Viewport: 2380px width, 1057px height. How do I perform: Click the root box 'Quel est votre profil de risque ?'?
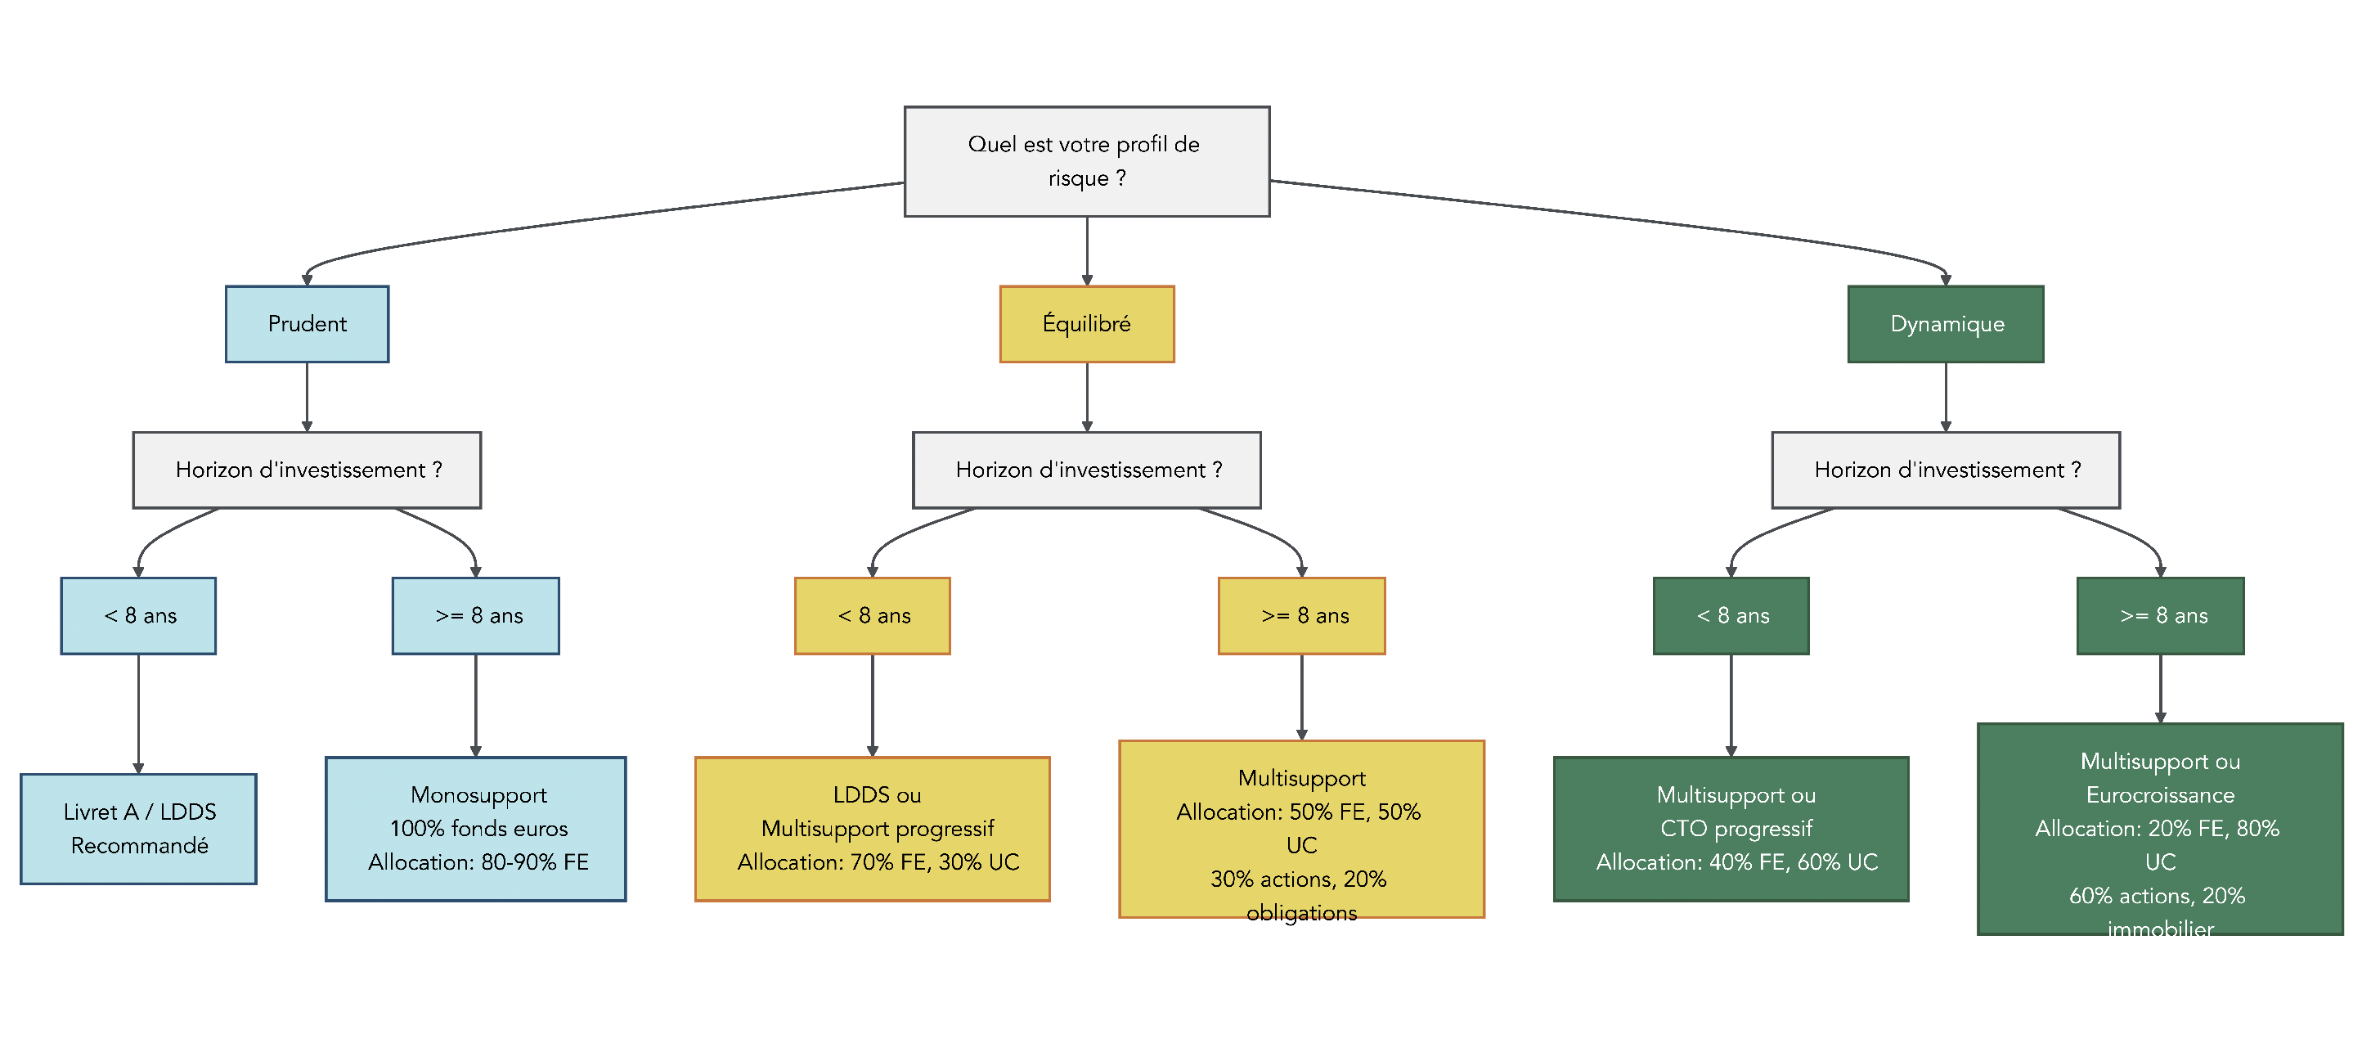(1086, 162)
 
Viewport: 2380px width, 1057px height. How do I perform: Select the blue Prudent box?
(307, 324)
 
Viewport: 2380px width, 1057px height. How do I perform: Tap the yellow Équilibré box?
(1086, 324)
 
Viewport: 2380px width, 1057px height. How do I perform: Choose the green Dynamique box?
(1945, 324)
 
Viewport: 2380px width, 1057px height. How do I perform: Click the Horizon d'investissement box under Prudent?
(307, 470)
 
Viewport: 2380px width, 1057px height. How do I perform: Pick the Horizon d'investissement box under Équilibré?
(1086, 470)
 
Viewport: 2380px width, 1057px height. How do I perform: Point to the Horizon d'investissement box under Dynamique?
(1945, 470)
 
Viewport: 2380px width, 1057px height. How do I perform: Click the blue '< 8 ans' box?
(138, 616)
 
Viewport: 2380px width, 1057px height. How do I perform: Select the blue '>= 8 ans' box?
(475, 616)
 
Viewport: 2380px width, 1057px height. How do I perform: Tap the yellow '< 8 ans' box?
(872, 616)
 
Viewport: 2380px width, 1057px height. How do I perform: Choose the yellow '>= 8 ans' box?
(1301, 616)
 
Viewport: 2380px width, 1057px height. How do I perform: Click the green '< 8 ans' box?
(1731, 616)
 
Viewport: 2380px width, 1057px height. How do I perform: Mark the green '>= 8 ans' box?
(2159, 616)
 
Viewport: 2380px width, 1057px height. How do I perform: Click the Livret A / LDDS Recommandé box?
(138, 829)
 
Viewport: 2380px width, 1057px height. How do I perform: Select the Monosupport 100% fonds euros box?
(475, 829)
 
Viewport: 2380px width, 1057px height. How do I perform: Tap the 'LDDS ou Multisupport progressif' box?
(872, 829)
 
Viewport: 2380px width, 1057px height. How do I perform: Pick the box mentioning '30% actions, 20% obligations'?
(1301, 829)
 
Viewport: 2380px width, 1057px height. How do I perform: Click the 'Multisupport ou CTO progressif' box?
(1731, 829)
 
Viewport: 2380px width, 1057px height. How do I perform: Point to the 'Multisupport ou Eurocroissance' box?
(2159, 829)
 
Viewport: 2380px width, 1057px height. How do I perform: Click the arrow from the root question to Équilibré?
(1086, 251)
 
